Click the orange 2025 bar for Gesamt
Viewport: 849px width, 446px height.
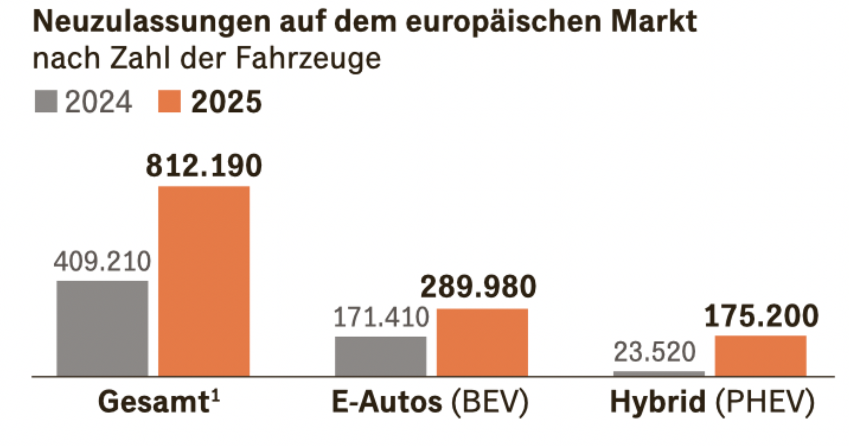click(x=204, y=281)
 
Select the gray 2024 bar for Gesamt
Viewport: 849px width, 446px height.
click(x=102, y=328)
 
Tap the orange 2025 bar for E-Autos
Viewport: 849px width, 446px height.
click(x=482, y=342)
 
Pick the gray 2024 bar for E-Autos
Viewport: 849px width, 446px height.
click(x=380, y=356)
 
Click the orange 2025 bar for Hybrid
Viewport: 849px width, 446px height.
click(x=761, y=356)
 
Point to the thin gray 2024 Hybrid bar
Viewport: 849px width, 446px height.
click(x=659, y=373)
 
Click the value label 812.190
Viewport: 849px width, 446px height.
click(x=204, y=166)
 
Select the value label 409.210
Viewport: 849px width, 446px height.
click(x=102, y=261)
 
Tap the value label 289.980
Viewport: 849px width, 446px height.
click(x=478, y=287)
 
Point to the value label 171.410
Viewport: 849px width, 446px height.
click(x=381, y=317)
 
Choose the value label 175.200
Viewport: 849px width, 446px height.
click(x=761, y=316)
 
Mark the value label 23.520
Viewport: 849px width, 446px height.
click(x=655, y=352)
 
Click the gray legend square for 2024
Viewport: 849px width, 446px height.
click(x=46, y=101)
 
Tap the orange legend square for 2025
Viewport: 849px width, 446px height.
click(x=169, y=101)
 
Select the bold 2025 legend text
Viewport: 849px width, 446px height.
click(x=226, y=102)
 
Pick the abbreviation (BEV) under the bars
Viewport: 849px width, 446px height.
click(x=490, y=402)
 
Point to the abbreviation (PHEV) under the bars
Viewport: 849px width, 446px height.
click(x=765, y=402)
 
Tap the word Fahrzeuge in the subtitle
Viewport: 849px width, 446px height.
click(x=308, y=58)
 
